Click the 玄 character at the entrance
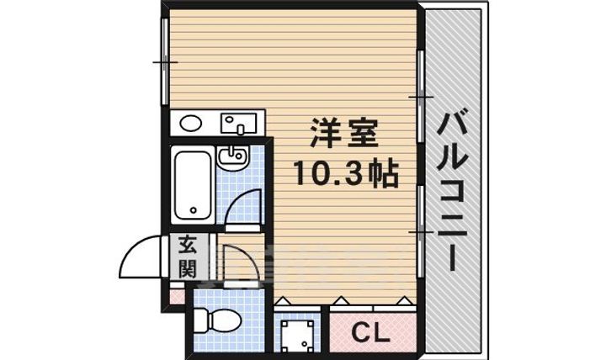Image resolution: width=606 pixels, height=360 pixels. pos(187,247)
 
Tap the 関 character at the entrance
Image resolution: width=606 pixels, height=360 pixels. pos(187,269)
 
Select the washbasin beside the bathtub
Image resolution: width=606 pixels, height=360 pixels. pos(231,156)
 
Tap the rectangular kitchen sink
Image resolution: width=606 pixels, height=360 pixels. pos(239,124)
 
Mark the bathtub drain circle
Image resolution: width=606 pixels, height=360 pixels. pos(193,211)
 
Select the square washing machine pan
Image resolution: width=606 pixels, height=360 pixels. pos(299,334)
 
